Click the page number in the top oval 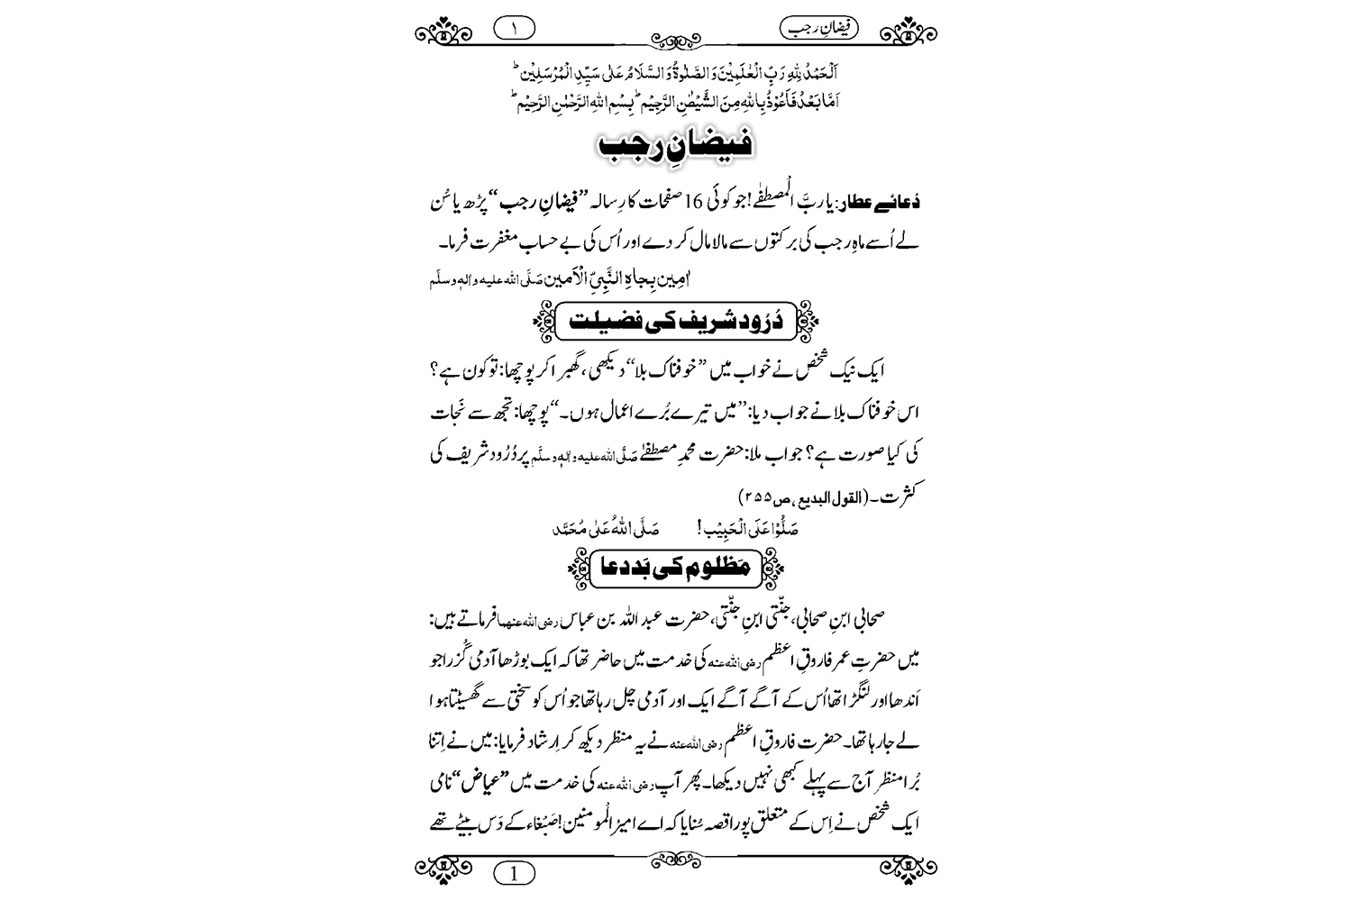pos(514,28)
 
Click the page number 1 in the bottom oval pos(514,873)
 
